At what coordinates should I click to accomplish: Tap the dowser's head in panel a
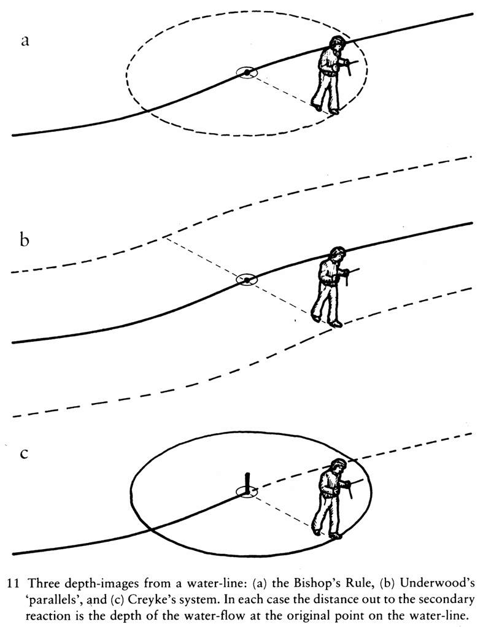tap(336, 44)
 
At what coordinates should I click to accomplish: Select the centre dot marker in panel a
tap(246, 73)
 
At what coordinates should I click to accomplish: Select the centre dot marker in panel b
tap(246, 280)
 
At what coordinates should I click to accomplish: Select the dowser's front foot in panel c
tap(335, 535)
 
